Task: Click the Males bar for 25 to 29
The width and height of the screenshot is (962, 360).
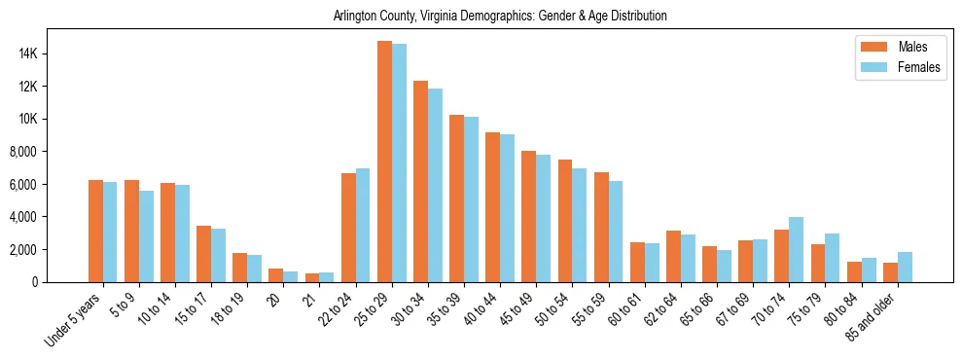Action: [384, 162]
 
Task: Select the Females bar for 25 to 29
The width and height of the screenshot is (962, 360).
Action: [399, 162]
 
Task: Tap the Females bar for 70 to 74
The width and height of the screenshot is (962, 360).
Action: [796, 249]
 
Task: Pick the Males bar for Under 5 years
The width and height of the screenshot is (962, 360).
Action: [95, 231]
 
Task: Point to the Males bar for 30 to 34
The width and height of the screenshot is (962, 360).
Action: [420, 181]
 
